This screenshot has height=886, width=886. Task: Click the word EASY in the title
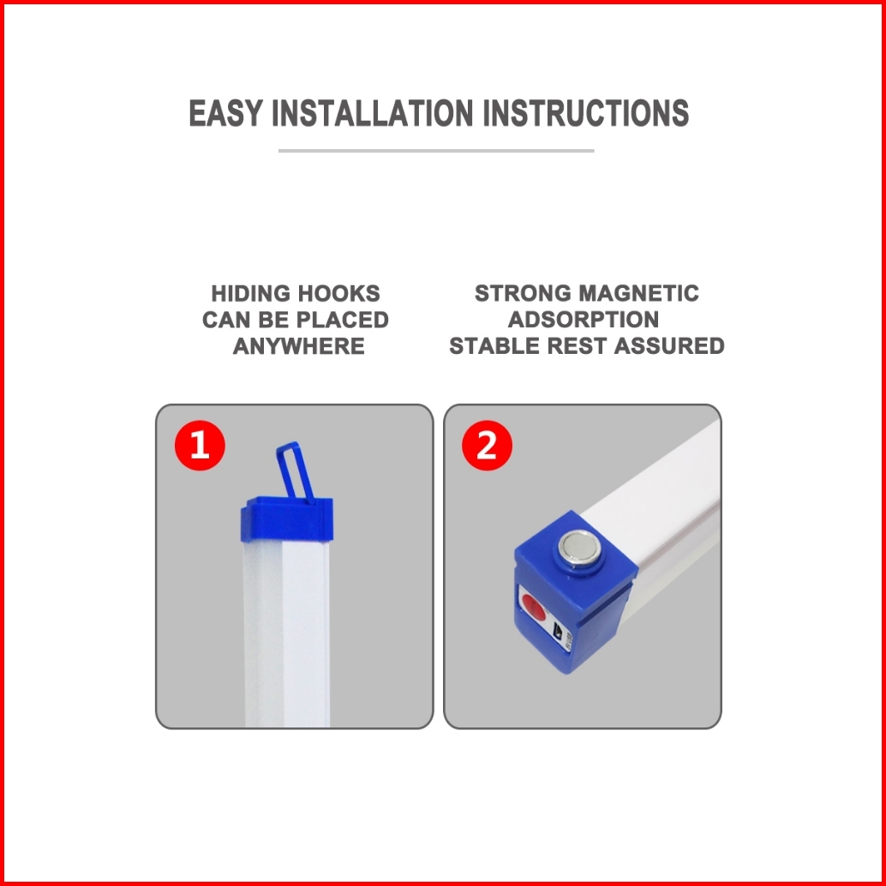[x=225, y=112]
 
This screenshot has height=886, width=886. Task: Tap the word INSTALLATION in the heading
[x=373, y=112]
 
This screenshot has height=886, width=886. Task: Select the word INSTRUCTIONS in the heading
[x=586, y=112]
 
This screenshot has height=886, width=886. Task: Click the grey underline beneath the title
[x=436, y=151]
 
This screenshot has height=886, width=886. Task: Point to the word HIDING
[x=250, y=294]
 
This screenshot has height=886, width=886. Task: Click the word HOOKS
[x=338, y=294]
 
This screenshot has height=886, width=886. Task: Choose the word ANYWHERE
[x=298, y=346]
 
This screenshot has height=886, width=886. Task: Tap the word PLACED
[x=343, y=320]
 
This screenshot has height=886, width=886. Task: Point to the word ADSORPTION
[x=584, y=320]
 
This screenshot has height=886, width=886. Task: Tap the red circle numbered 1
[x=200, y=446]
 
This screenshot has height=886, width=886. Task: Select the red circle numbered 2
[x=487, y=446]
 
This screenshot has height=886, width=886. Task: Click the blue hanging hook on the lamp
[x=294, y=470]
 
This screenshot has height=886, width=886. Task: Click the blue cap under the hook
[x=287, y=518]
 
